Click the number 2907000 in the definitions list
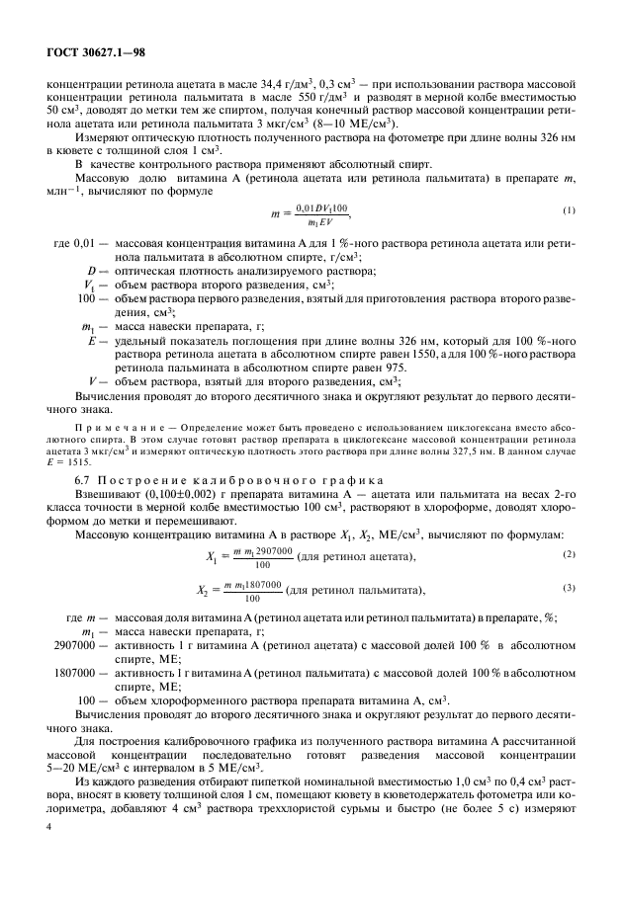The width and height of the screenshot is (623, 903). [72, 642]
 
